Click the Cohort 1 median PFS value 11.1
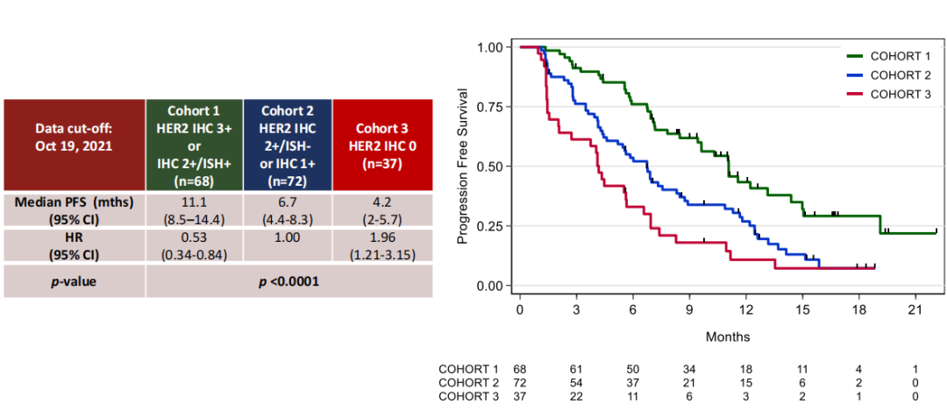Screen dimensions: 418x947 [194, 202]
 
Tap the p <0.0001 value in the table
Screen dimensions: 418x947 [288, 281]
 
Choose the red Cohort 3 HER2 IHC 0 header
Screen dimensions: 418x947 [382, 144]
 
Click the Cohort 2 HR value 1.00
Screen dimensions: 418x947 [288, 237]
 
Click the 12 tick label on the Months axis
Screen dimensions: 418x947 [746, 310]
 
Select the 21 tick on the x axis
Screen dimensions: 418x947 [916, 310]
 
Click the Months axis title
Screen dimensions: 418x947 [727, 337]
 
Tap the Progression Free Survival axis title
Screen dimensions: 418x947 [463, 166]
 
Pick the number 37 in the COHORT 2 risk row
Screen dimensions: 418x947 [633, 383]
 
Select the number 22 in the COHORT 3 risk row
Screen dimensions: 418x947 [576, 397]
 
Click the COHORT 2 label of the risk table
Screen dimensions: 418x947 [468, 383]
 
